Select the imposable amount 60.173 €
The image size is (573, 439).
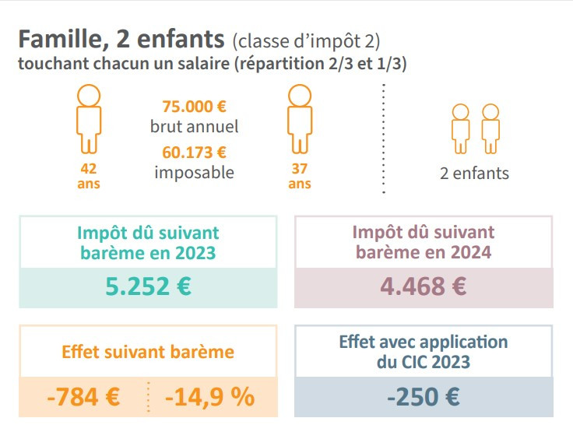[194, 152]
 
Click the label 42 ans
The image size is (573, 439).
[89, 176]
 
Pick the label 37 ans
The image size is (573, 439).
[300, 176]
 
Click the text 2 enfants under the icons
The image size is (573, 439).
[474, 173]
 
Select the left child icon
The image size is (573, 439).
[461, 128]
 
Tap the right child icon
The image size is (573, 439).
[490, 128]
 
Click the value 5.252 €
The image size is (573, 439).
[148, 286]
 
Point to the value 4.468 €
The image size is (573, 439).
[424, 286]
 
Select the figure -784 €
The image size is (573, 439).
[83, 397]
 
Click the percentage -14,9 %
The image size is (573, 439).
[209, 397]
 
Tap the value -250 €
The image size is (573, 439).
[424, 397]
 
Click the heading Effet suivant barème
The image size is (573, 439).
[148, 351]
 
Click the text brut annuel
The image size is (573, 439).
[194, 126]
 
